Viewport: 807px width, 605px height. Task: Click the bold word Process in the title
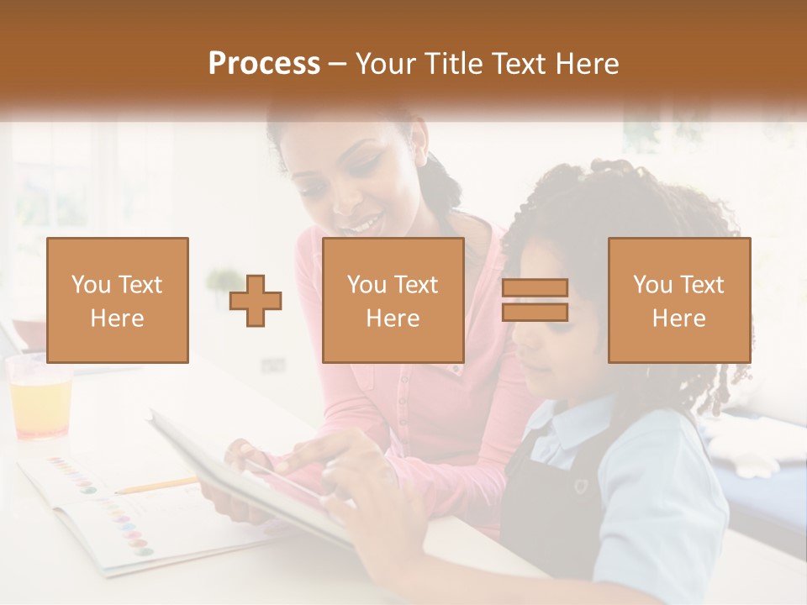264,64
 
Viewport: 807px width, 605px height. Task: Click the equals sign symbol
535,301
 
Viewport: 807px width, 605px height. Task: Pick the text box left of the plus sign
118,300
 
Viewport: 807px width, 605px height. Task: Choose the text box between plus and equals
393,300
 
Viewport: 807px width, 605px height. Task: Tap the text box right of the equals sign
678,300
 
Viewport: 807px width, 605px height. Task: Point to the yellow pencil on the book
156,485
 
